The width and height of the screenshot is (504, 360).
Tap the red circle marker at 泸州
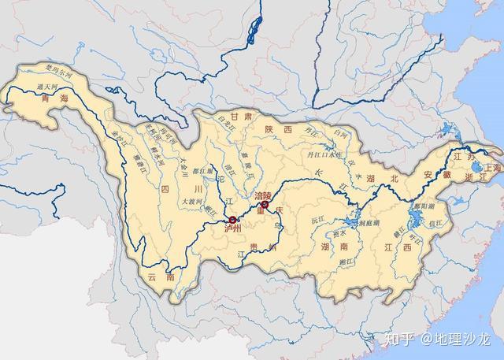(232, 220)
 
